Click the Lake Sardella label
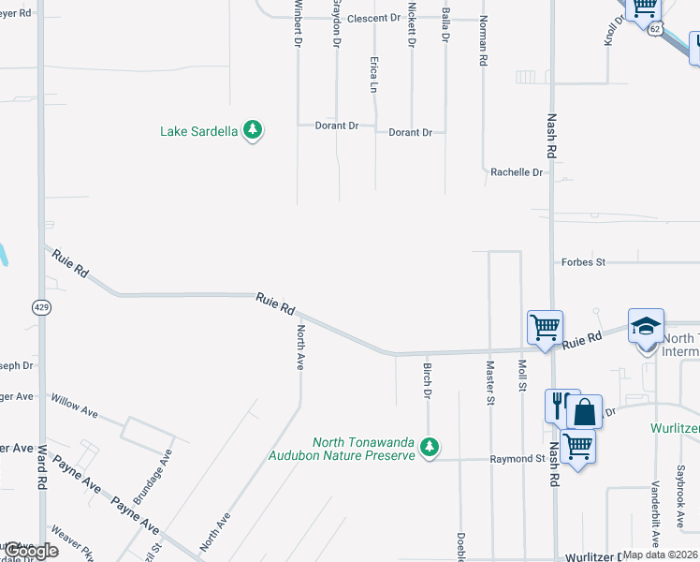[x=199, y=132]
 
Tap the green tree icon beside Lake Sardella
[x=252, y=130]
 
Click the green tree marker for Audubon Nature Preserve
[x=430, y=447]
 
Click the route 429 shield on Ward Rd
[x=41, y=306]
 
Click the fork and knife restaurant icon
[x=561, y=406]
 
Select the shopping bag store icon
[x=585, y=413]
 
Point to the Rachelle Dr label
[x=517, y=172]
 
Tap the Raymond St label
[x=518, y=459]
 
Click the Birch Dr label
[x=427, y=380]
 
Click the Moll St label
[x=522, y=376]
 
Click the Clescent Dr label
[x=373, y=18]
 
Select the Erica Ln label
[x=374, y=73]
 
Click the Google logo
[x=31, y=551]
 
